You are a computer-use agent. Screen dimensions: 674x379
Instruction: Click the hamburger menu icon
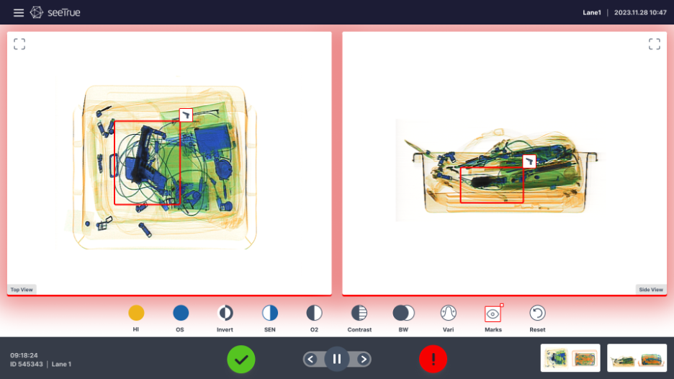point(19,12)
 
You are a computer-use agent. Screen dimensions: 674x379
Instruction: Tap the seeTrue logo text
point(64,12)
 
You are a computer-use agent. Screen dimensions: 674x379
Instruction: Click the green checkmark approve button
point(241,360)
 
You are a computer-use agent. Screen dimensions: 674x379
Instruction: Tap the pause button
point(337,359)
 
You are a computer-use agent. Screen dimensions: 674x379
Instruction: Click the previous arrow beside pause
point(311,359)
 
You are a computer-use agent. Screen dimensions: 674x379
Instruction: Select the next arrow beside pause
point(363,359)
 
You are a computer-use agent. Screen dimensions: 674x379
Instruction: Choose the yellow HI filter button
point(136,313)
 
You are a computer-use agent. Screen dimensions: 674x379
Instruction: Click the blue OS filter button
point(181,313)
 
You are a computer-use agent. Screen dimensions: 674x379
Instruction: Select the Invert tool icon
point(225,313)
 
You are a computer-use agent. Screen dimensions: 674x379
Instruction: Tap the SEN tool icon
point(270,313)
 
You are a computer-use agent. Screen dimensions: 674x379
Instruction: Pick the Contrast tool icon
point(359,313)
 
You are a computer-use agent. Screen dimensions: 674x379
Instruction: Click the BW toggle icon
point(404,313)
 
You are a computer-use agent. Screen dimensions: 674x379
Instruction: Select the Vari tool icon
point(449,313)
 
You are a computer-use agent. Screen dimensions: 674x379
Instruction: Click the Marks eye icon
point(493,313)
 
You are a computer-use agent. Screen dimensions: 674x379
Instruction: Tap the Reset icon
point(537,313)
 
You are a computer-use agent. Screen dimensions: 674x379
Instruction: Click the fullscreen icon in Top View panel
point(19,44)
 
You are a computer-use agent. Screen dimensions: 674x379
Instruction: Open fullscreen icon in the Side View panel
point(655,44)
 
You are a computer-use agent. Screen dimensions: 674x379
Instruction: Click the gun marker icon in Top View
point(186,115)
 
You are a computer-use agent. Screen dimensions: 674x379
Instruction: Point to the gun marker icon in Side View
point(529,161)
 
